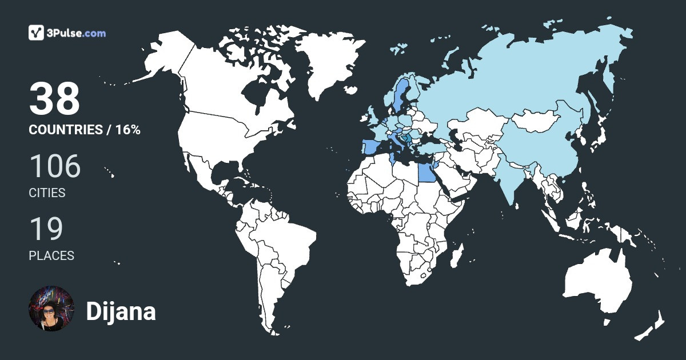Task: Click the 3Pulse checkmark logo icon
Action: point(37,33)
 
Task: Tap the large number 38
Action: point(54,99)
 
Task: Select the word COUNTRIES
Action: point(65,130)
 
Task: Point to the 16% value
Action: point(127,130)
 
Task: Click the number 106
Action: point(55,166)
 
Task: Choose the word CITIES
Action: point(47,193)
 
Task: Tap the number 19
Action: point(46,229)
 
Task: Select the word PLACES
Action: point(51,256)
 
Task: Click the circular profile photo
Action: point(51,309)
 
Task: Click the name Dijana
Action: point(121,312)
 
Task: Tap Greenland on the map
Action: point(326,63)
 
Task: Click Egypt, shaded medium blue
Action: point(424,170)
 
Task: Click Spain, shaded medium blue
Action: point(370,147)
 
